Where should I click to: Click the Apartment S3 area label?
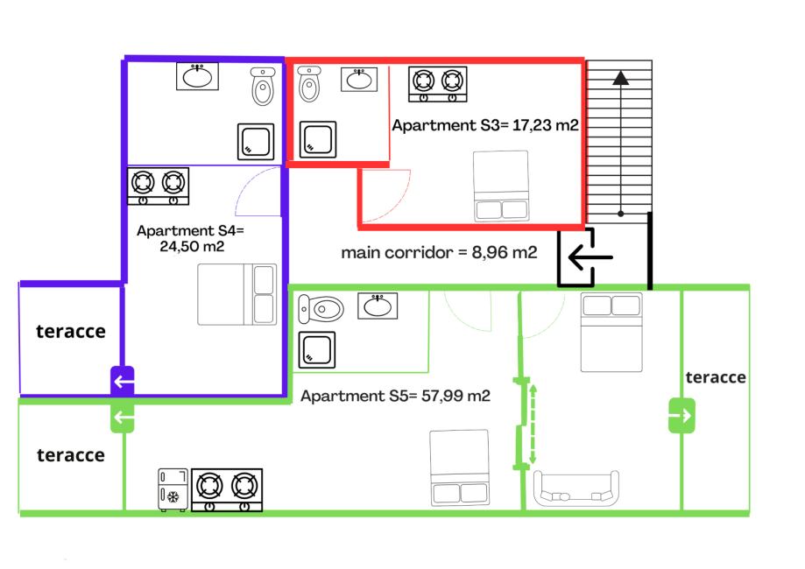coord(484,125)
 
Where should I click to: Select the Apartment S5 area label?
coord(395,396)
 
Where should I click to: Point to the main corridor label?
coord(439,253)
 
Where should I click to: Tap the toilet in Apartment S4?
coord(263,86)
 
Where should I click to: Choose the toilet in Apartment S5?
coord(321,309)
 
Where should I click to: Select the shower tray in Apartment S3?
coord(318,138)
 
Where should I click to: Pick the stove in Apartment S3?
coord(437,84)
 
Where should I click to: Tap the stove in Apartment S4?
coord(159,186)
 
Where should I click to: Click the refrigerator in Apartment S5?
coord(173,490)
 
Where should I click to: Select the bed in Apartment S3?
coord(501,186)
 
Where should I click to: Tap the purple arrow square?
coord(123,382)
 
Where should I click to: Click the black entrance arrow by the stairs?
coord(589,258)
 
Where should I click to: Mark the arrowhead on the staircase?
coord(621,77)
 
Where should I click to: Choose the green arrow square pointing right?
coord(681,415)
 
